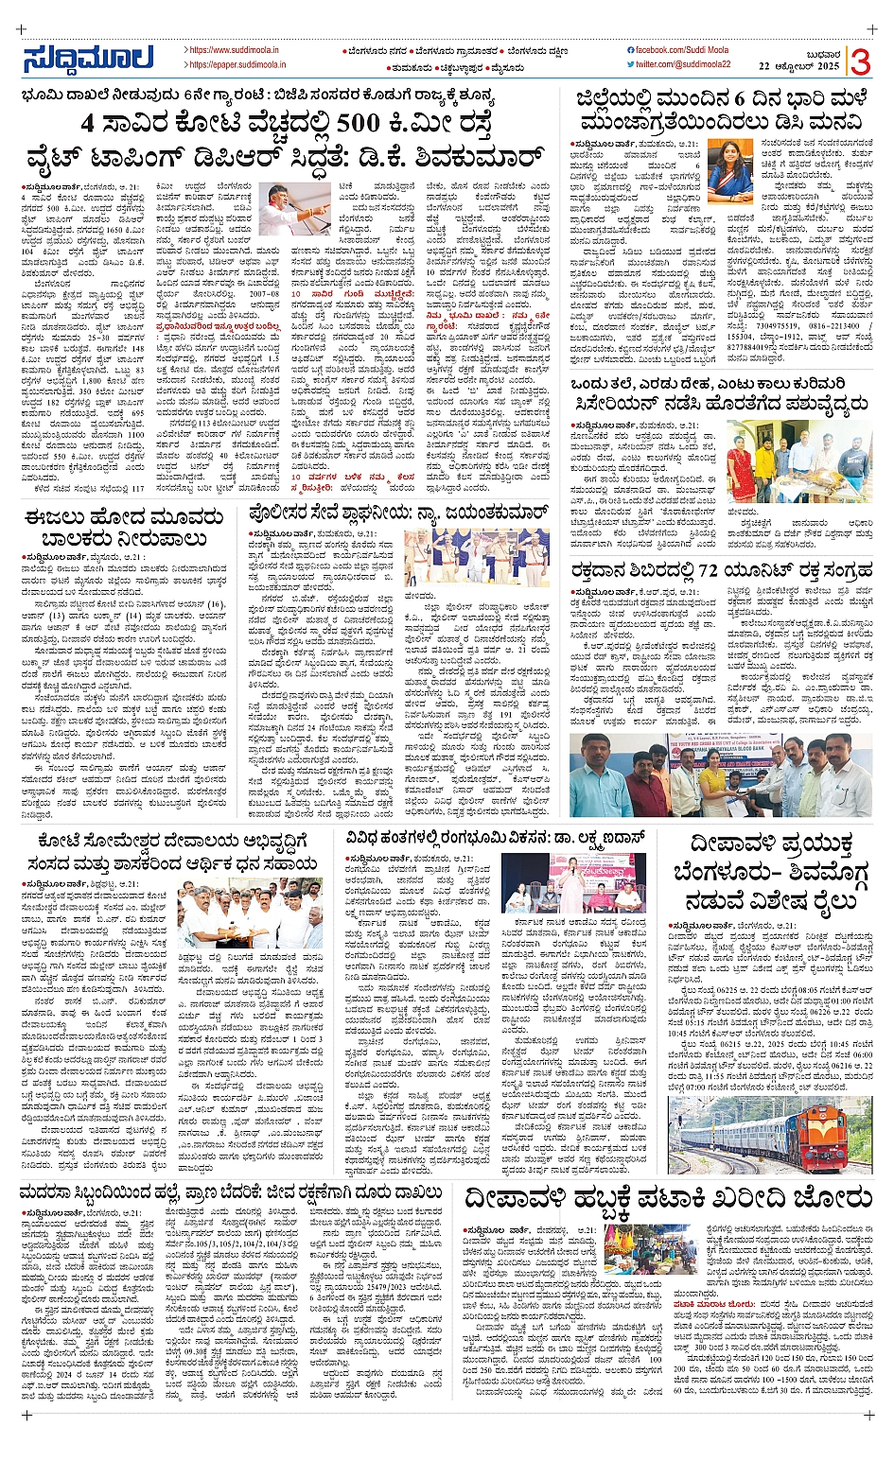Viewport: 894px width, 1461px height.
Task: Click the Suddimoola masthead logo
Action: coord(88,58)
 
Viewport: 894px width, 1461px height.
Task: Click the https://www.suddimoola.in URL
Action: coord(234,49)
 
